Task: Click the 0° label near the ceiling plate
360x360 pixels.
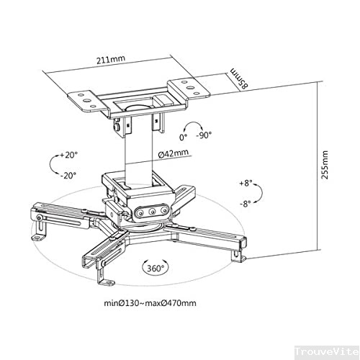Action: [184, 135]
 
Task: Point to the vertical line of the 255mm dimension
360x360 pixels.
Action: [316, 166]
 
